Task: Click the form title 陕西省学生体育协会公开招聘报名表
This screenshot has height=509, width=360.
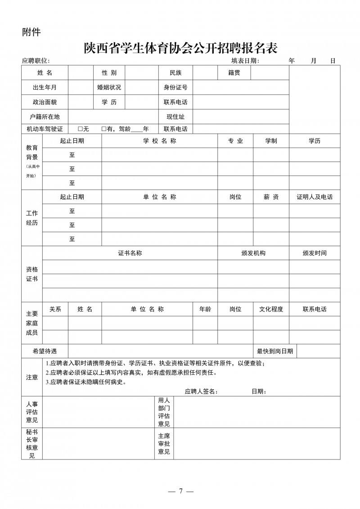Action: coord(180,47)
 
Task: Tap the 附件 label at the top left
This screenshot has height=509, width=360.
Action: coord(31,32)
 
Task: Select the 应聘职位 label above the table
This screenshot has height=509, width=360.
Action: coord(36,61)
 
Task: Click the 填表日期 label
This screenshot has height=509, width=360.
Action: coord(245,61)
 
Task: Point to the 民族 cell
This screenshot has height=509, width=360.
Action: coord(175,73)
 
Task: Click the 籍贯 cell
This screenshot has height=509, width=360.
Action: coord(234,73)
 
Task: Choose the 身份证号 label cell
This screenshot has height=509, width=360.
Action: coord(175,87)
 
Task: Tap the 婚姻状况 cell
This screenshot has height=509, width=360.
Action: coord(109,87)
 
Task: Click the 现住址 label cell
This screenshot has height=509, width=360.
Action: coord(175,117)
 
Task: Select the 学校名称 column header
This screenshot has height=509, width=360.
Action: coord(159,141)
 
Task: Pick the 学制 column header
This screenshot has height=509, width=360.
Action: coord(271,141)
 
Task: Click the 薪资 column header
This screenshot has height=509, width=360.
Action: coord(271,197)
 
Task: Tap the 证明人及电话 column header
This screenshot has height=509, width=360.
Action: coord(315,197)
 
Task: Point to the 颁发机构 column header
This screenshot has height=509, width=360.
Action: coord(253,253)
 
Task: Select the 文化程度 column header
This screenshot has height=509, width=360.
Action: coord(271,309)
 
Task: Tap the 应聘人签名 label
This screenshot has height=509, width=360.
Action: coord(201,391)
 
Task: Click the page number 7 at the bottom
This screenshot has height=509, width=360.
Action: coord(180,491)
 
